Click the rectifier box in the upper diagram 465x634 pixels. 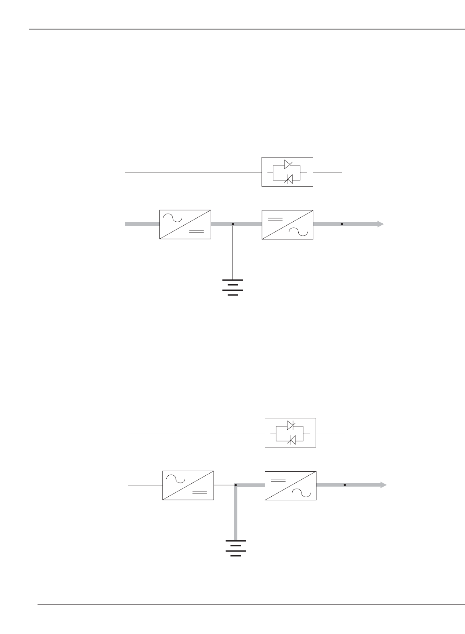click(185, 225)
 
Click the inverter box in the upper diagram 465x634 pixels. click(287, 225)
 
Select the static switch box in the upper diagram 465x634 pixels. click(287, 172)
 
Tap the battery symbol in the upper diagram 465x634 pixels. click(233, 287)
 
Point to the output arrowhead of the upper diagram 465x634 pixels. click(380, 224)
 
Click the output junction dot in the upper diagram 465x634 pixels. click(342, 224)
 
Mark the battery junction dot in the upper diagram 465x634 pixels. click(233, 224)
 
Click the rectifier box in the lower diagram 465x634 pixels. click(188, 485)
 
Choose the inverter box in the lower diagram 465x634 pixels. click(290, 485)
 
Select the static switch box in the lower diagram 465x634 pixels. click(290, 432)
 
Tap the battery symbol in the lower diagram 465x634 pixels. click(236, 548)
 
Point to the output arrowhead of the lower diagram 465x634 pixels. click(383, 485)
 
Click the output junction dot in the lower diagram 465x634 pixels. click(345, 485)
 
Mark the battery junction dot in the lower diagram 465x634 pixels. click(236, 485)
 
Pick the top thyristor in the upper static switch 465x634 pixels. click(288, 164)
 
